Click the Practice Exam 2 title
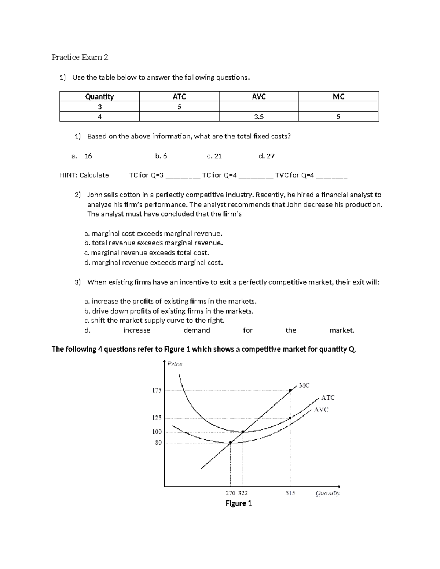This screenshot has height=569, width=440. click(x=80, y=57)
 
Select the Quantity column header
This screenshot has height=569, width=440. click(x=99, y=96)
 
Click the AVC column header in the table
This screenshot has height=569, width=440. click(x=258, y=96)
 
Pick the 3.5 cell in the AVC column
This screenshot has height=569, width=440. click(x=258, y=117)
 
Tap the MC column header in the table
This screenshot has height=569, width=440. click(x=338, y=96)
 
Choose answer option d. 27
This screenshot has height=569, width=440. click(x=267, y=156)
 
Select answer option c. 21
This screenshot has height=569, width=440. click(x=214, y=156)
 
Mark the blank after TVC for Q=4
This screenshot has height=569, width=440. click(x=331, y=176)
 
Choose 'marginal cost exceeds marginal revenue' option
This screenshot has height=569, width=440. click(x=153, y=233)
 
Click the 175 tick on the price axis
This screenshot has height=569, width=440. click(x=157, y=391)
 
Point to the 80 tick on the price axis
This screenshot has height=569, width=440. click(x=158, y=443)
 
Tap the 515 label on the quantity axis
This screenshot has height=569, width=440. click(x=290, y=493)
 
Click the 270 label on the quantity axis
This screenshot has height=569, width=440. click(x=230, y=493)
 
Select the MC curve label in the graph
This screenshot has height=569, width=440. click(x=304, y=385)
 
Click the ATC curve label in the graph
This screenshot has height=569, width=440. click(x=327, y=398)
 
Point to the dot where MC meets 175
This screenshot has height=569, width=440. click(x=290, y=391)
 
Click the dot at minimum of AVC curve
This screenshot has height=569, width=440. click(x=230, y=443)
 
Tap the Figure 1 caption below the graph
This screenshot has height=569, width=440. click(x=238, y=503)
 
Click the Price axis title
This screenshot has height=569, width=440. click(x=175, y=364)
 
